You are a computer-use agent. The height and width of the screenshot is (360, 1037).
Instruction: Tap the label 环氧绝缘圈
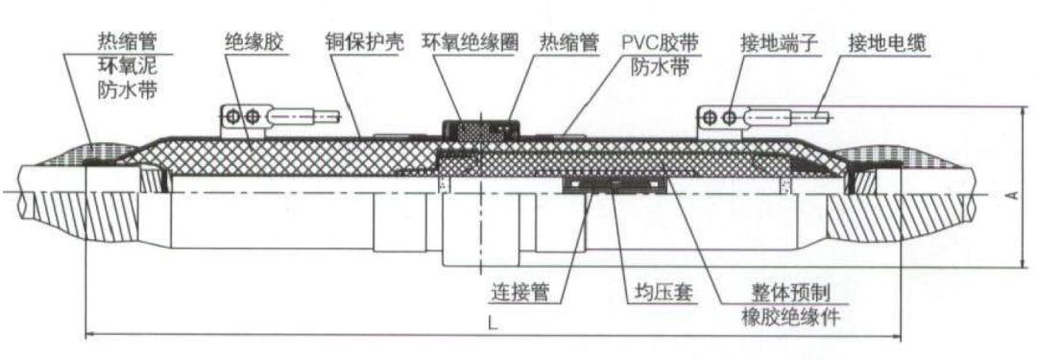point(470,43)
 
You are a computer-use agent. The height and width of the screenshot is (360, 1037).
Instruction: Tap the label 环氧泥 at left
point(128,67)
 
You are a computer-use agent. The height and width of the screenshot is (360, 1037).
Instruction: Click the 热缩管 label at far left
point(128,42)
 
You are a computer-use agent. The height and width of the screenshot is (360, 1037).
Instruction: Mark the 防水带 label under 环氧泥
point(128,90)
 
